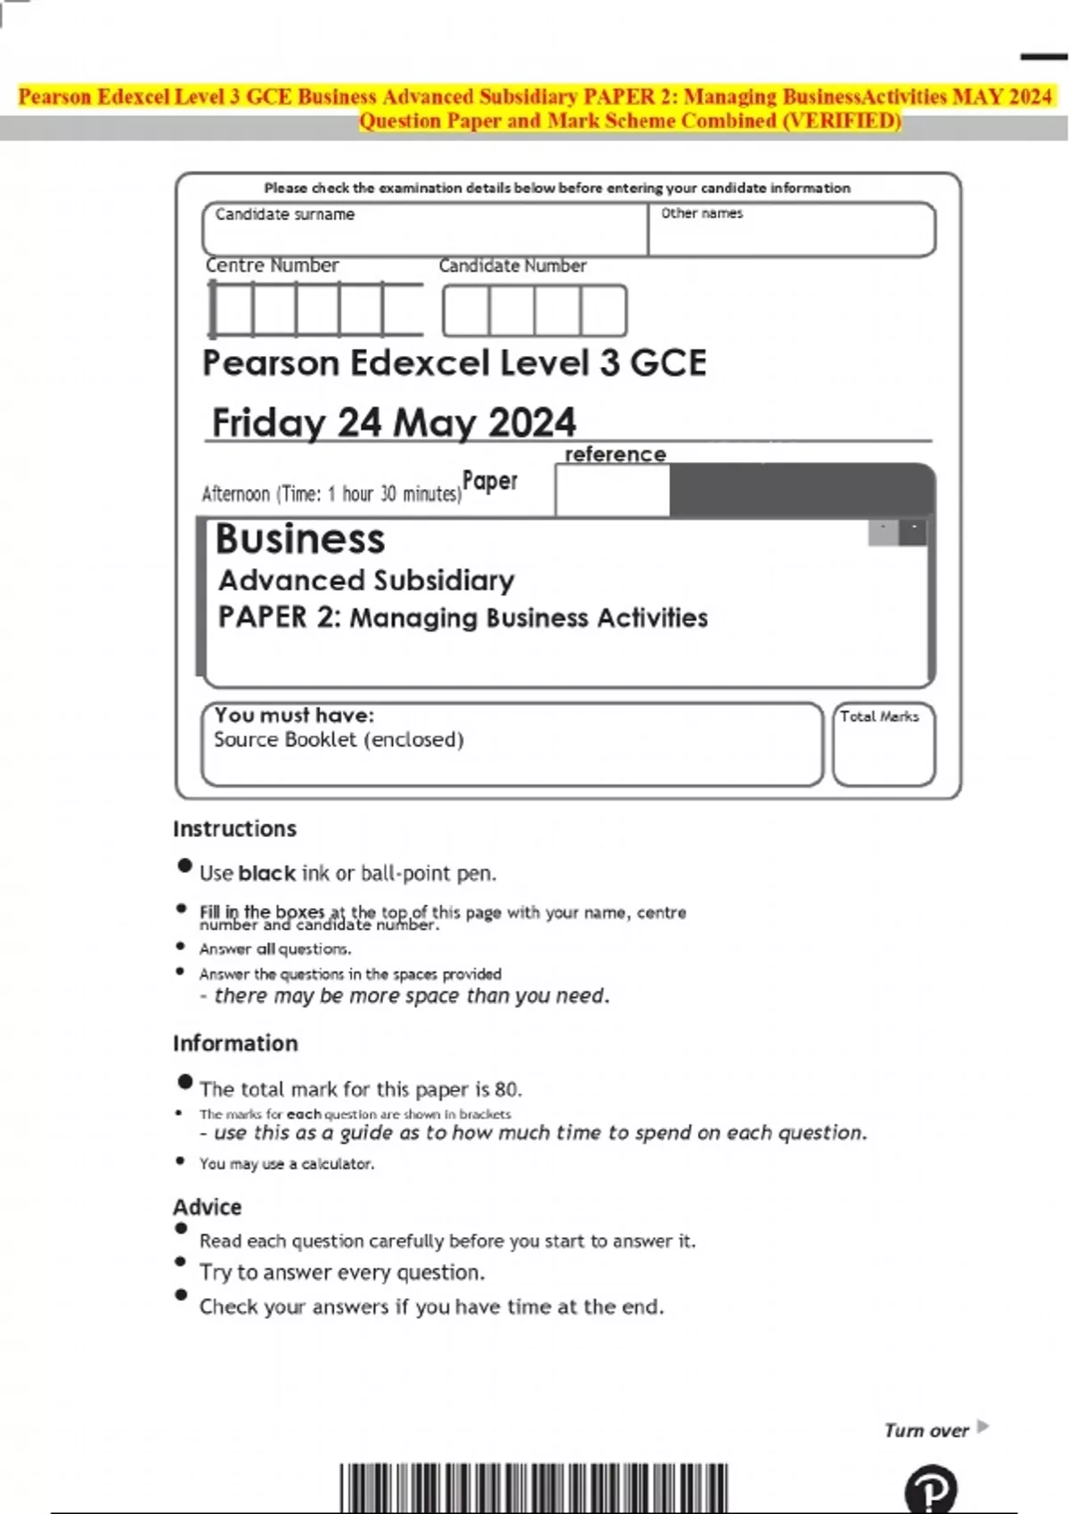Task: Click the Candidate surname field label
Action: pyautogui.click(x=285, y=215)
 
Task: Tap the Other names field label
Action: pyautogui.click(x=702, y=214)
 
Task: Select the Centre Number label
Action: pyautogui.click(x=273, y=265)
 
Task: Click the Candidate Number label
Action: pyautogui.click(x=512, y=266)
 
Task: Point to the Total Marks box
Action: pyautogui.click(x=884, y=745)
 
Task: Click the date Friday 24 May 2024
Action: pyautogui.click(x=394, y=422)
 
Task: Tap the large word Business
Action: pyautogui.click(x=300, y=540)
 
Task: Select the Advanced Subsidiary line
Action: pyautogui.click(x=367, y=581)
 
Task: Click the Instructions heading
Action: pyautogui.click(x=234, y=829)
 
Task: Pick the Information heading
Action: pyautogui.click(x=235, y=1044)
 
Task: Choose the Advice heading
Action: pyautogui.click(x=208, y=1208)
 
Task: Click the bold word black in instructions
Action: pyautogui.click(x=267, y=874)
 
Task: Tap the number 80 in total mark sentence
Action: pyautogui.click(x=506, y=1089)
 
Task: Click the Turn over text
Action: pyautogui.click(x=926, y=1430)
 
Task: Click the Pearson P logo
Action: pyautogui.click(x=931, y=1489)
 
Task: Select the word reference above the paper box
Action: pyautogui.click(x=616, y=454)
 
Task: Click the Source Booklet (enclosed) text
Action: pyautogui.click(x=339, y=740)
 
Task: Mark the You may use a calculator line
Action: pyautogui.click(x=287, y=1164)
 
